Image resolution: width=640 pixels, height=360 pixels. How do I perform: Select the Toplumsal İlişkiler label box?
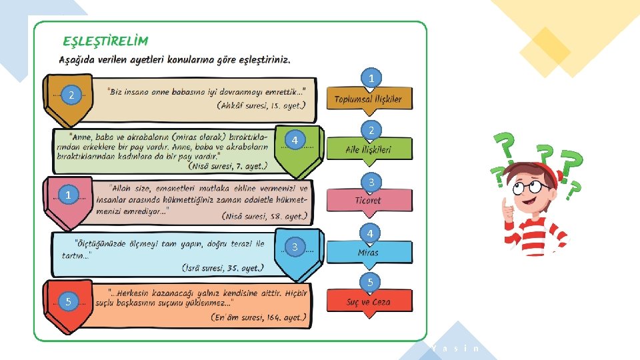369,99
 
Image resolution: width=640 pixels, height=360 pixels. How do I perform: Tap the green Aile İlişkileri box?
369,149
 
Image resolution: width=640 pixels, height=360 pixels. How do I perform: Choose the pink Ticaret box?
369,199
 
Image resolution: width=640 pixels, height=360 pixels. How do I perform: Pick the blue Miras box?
369,252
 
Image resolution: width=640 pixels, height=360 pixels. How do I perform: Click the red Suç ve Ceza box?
369,302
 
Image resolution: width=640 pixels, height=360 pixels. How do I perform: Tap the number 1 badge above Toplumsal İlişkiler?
371,79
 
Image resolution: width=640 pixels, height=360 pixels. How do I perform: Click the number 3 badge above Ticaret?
371,182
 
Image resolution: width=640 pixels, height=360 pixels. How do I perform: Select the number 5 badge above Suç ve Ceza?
371,283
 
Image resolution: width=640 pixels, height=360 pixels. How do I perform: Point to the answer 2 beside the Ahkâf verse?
70,95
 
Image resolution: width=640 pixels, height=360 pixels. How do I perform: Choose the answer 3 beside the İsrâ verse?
295,248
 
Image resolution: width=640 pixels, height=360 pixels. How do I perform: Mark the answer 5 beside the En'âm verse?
69,301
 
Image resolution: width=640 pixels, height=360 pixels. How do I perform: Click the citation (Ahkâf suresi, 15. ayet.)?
262,105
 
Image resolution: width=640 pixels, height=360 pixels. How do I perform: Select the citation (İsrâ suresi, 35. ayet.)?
223,268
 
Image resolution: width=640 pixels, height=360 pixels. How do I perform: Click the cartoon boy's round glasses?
530,186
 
